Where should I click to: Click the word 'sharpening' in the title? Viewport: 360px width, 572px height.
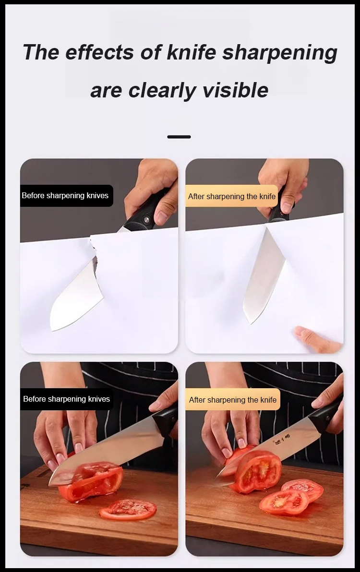pos(280,53)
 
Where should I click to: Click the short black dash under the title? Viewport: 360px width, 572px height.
pos(179,137)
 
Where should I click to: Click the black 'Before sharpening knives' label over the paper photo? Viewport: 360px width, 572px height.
pos(66,195)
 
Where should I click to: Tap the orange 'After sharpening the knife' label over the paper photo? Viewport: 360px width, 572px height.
pos(232,196)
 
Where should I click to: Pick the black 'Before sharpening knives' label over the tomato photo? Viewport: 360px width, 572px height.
pos(66,399)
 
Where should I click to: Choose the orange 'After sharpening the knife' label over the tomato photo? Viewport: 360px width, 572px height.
pos(233,400)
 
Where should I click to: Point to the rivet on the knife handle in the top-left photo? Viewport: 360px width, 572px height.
pos(146,220)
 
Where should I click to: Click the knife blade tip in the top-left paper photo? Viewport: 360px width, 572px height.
pos(52,330)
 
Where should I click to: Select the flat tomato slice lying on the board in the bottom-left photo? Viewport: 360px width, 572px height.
pos(128,509)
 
